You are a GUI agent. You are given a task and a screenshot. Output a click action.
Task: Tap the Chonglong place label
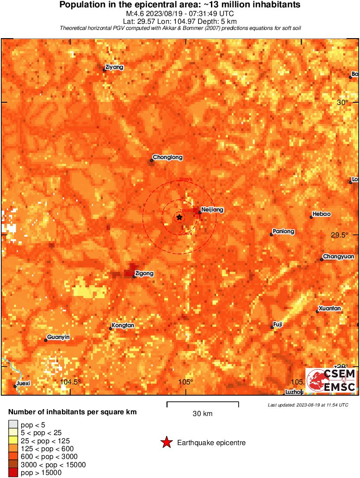pyautogui.click(x=168, y=157)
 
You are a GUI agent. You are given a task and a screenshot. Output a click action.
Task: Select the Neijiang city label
pyautogui.click(x=213, y=209)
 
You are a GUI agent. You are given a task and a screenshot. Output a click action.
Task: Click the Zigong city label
pyautogui.click(x=144, y=273)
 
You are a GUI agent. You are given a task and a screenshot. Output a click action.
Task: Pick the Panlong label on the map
pyautogui.click(x=284, y=231)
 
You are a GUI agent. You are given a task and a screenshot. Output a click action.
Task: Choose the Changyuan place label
pyautogui.click(x=339, y=257)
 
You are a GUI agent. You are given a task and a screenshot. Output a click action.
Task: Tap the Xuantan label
pyautogui.click(x=330, y=309)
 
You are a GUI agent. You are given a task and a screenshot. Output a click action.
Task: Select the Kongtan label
pyautogui.click(x=123, y=325)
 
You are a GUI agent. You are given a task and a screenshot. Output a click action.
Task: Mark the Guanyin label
pyautogui.click(x=58, y=337)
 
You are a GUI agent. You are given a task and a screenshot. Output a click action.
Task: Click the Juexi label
pyautogui.click(x=23, y=383)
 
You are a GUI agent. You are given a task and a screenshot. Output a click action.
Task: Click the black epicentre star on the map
pyautogui.click(x=179, y=217)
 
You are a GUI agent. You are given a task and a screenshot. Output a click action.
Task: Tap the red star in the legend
pyautogui.click(x=166, y=442)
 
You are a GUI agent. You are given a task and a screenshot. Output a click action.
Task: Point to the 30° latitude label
pyautogui.click(x=343, y=102)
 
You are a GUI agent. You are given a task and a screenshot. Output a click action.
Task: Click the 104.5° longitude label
pyautogui.click(x=71, y=382)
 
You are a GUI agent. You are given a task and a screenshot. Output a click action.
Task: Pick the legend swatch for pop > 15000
pyautogui.click(x=13, y=472)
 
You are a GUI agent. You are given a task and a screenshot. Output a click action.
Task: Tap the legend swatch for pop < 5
pyautogui.click(x=13, y=425)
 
